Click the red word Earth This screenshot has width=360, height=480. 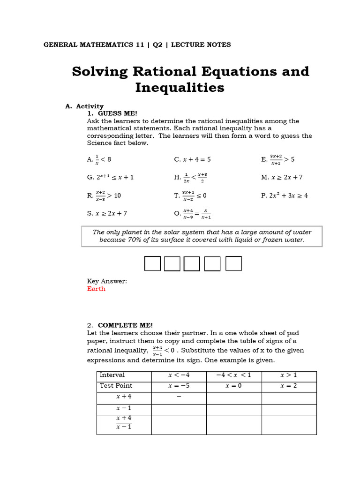click(x=96, y=289)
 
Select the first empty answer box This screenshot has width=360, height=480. click(x=152, y=263)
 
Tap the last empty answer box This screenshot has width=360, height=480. click(x=233, y=263)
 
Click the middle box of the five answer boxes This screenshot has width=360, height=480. click(x=192, y=263)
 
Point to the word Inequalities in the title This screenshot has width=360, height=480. click(x=180, y=88)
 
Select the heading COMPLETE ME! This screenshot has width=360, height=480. click(x=125, y=325)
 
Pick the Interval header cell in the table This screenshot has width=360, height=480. click(x=112, y=375)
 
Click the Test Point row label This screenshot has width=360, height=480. click(x=116, y=386)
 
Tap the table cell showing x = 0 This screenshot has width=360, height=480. click(x=233, y=386)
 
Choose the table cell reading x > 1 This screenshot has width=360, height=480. click(x=289, y=375)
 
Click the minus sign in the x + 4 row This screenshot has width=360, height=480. click(x=179, y=397)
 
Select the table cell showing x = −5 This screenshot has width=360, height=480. click(x=179, y=386)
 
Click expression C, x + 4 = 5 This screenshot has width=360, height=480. click(x=192, y=159)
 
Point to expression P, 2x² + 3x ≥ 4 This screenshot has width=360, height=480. click(x=284, y=196)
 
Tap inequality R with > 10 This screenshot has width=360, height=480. click(x=104, y=195)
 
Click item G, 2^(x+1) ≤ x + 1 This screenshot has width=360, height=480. click(x=110, y=178)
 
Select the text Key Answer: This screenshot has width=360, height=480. click(x=107, y=281)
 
